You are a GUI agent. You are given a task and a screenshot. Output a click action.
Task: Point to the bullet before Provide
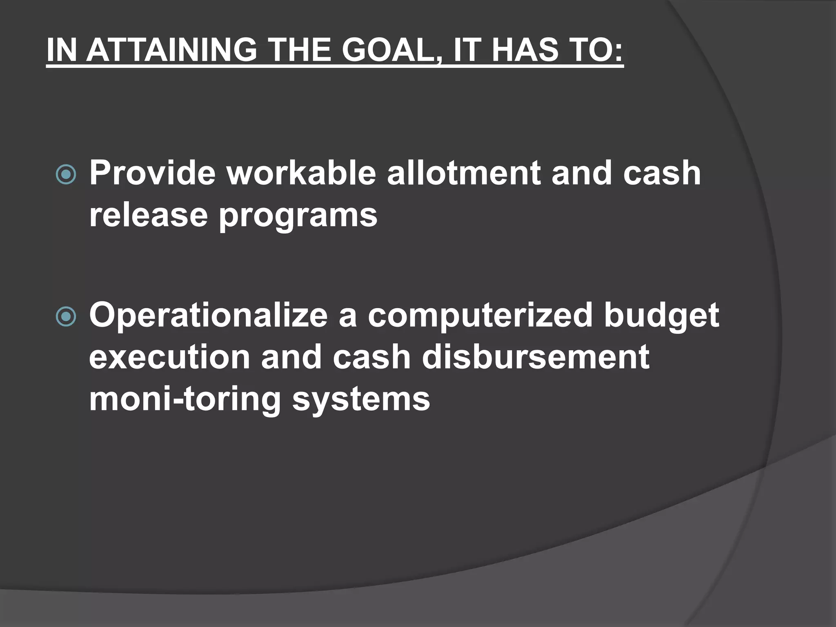pos(66,175)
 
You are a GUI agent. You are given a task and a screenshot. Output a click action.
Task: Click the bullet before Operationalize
pos(66,317)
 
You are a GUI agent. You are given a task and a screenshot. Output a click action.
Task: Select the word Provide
pos(152,173)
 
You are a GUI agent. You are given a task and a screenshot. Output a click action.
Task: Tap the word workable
pos(301,173)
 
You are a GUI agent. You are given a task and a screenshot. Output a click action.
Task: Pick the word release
pos(149,215)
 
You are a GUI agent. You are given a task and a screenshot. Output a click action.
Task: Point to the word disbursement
pos(535,357)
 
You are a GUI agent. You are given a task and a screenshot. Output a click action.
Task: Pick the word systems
pos(361,400)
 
